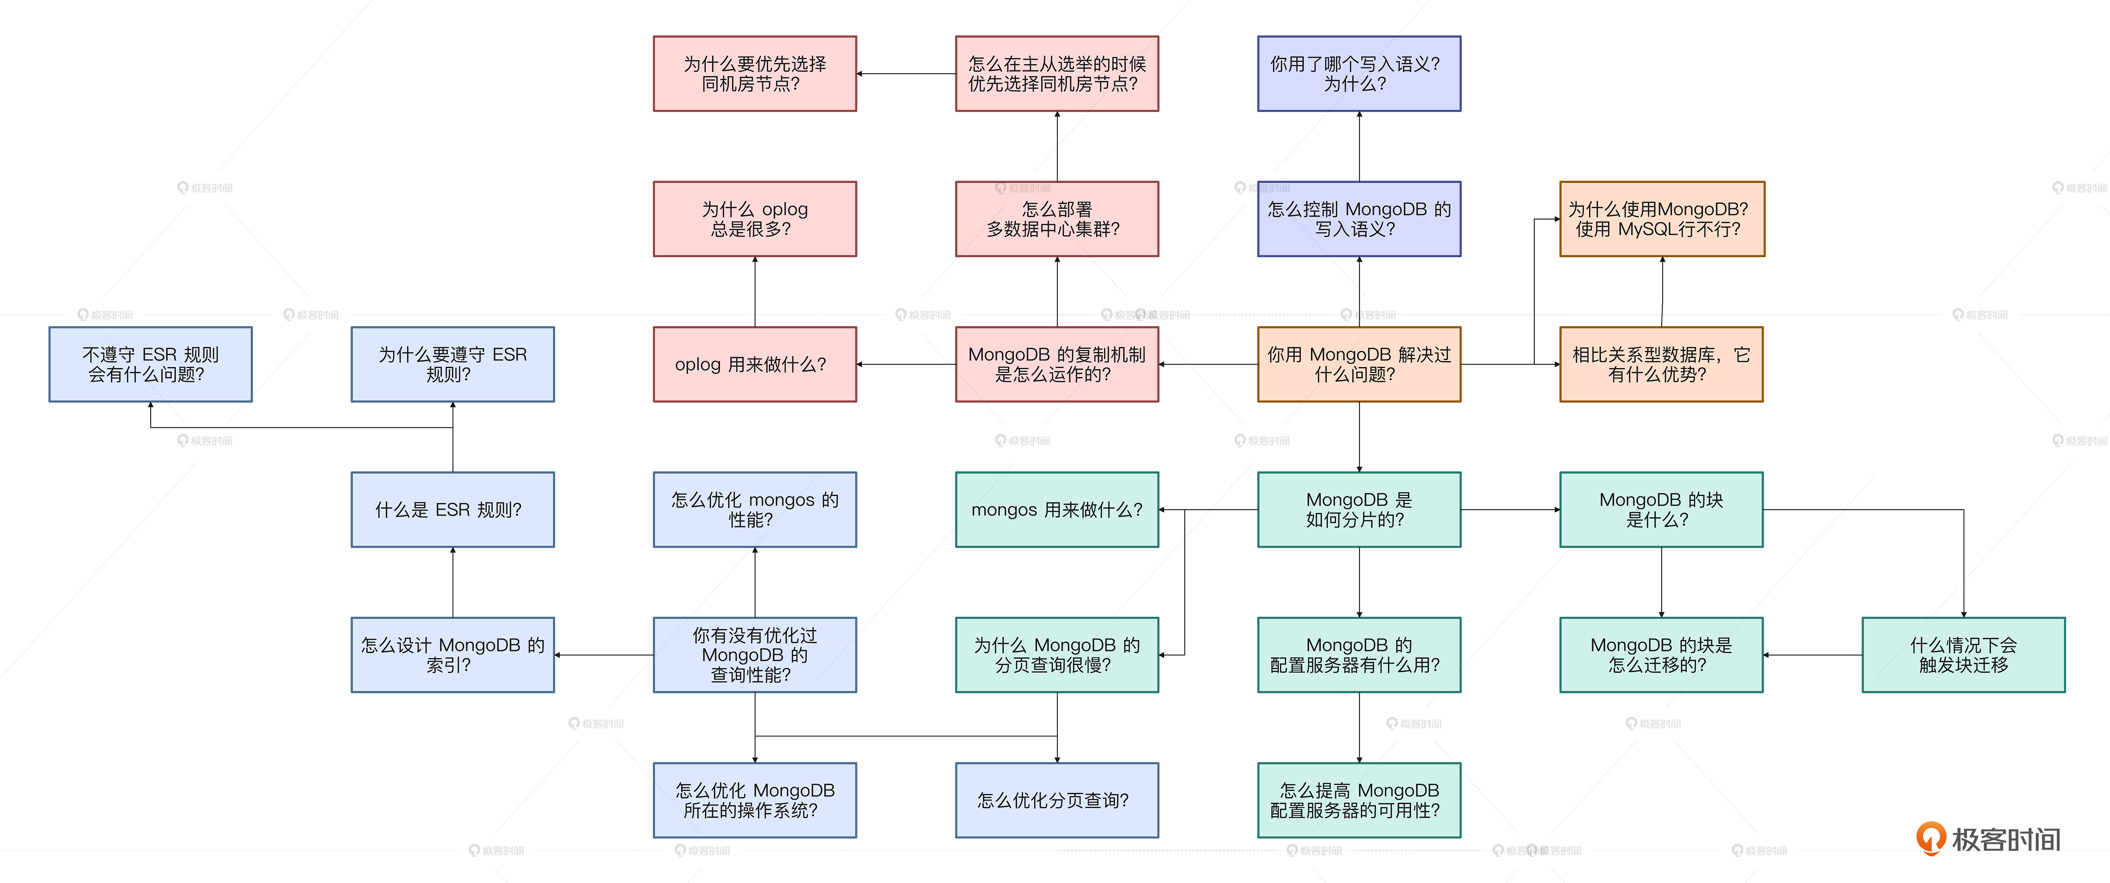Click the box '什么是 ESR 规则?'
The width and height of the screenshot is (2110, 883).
pyautogui.click(x=452, y=510)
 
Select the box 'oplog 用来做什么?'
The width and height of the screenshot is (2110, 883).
pyautogui.click(x=754, y=365)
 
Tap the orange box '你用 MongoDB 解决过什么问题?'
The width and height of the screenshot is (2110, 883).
pyautogui.click(x=1359, y=365)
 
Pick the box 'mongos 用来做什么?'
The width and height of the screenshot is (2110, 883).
pyautogui.click(x=1057, y=510)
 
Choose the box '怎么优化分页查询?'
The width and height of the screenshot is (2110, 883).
pyautogui.click(x=1057, y=800)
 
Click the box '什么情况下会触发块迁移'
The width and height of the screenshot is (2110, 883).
pyautogui.click(x=1964, y=655)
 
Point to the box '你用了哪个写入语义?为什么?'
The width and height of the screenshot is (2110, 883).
pyautogui.click(x=1359, y=74)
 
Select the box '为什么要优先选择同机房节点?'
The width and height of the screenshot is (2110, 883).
pyautogui.click(x=754, y=74)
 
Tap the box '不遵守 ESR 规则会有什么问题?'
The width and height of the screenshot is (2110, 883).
pyautogui.click(x=151, y=365)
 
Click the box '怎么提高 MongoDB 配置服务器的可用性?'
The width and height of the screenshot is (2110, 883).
pyautogui.click(x=1359, y=800)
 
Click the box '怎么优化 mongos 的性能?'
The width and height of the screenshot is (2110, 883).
pyautogui.click(x=754, y=510)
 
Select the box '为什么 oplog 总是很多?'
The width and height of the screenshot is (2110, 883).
pyautogui.click(x=754, y=219)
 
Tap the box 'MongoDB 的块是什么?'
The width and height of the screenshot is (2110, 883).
pyautogui.click(x=1661, y=510)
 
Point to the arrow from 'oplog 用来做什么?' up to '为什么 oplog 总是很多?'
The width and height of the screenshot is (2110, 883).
pyautogui.click(x=754, y=292)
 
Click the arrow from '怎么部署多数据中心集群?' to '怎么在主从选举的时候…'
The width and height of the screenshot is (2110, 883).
pyautogui.click(x=1057, y=146)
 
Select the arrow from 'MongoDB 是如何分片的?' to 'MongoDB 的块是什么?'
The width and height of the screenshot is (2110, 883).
pyautogui.click(x=1509, y=510)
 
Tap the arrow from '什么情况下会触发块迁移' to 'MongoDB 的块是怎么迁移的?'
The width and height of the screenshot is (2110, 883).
pyautogui.click(x=1812, y=655)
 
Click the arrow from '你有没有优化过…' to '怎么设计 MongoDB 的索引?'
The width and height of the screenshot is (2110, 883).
pyautogui.click(x=604, y=655)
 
